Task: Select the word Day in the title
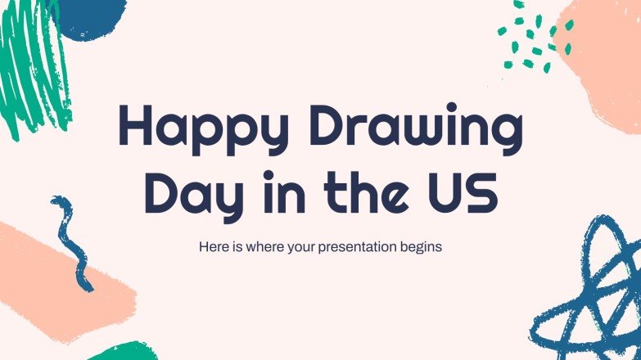click(x=181, y=194)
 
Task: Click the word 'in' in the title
click(x=274, y=192)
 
